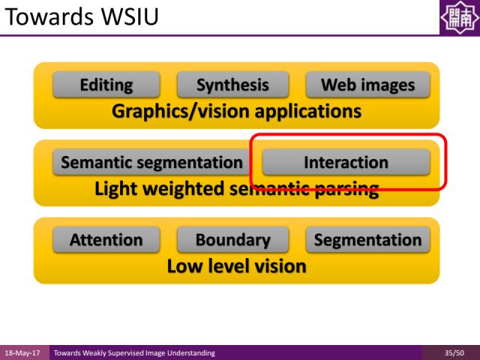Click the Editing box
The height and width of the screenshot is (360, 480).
point(106,85)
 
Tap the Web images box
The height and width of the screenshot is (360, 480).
point(367,85)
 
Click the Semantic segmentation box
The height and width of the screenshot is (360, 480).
point(151,162)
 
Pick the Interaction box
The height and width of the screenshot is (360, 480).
point(346,162)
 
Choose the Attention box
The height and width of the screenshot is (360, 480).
point(106,240)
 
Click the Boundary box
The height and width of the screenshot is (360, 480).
point(232,240)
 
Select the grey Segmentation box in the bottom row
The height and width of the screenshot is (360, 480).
point(367,240)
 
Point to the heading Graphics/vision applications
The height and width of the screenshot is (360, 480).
point(236,112)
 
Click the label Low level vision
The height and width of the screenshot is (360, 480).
point(236,266)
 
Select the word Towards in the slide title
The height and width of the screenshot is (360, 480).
point(44,16)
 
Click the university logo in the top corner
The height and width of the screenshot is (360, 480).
point(457,18)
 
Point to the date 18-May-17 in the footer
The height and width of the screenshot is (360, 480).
point(22,352)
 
